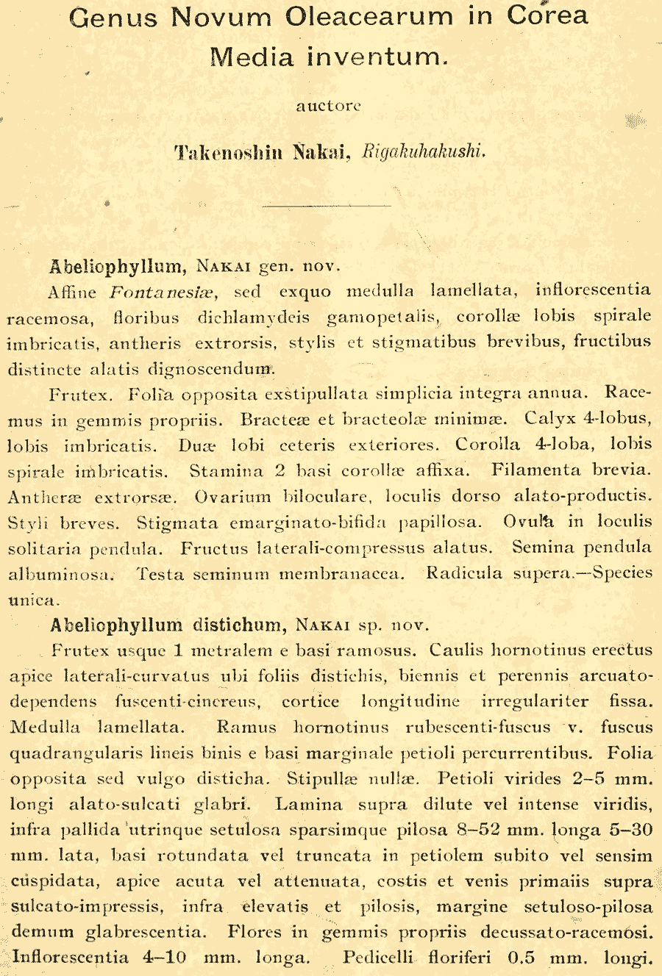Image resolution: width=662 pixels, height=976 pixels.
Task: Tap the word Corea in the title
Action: tap(548, 17)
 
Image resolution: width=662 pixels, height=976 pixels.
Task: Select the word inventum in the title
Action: tap(376, 57)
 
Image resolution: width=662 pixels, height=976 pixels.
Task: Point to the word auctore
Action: tap(328, 106)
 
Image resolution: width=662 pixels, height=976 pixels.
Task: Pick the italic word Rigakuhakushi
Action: tap(424, 151)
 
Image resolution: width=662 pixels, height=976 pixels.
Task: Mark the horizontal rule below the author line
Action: tap(326, 207)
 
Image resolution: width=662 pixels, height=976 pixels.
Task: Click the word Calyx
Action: tap(549, 419)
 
